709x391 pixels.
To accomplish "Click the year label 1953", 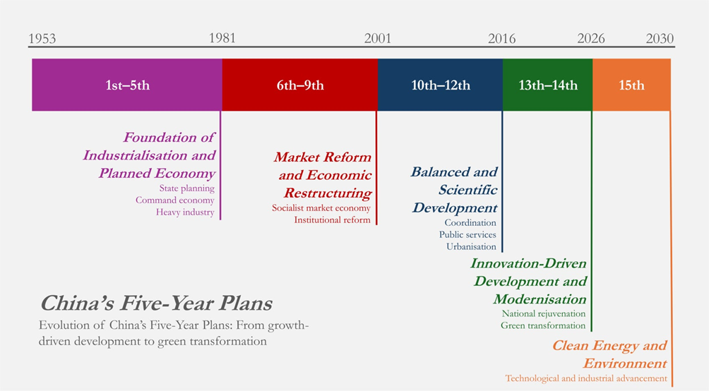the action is pos(42,38).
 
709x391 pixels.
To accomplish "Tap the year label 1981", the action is pos(222,37).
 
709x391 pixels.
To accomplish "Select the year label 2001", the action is pos(378,38).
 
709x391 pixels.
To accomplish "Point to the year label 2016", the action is pos(501,38).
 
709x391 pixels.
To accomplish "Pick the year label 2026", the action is pos(591,38).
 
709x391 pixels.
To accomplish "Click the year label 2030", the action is pos(660,38).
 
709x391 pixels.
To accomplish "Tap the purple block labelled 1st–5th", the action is pos(127,85).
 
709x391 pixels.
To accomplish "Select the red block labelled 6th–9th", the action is pos(300,85).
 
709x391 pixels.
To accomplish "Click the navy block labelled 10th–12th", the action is pos(441,85).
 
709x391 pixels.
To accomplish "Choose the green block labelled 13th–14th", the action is pos(547,85).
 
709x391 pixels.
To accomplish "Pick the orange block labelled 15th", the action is pos(632,85).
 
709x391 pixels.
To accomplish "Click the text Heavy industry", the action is pos(185,212).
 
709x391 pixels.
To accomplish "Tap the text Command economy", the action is pos(175,200).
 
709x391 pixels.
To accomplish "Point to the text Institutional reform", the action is pos(333,219).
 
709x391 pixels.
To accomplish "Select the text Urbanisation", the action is pos(471,246).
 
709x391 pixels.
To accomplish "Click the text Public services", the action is pos(467,234).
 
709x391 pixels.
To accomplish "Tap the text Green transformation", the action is pos(543,325).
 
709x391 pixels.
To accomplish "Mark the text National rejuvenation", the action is pos(544,313).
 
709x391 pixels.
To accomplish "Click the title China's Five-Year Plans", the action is pos(157,303).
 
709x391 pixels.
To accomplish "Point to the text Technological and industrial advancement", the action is pos(586,378).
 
